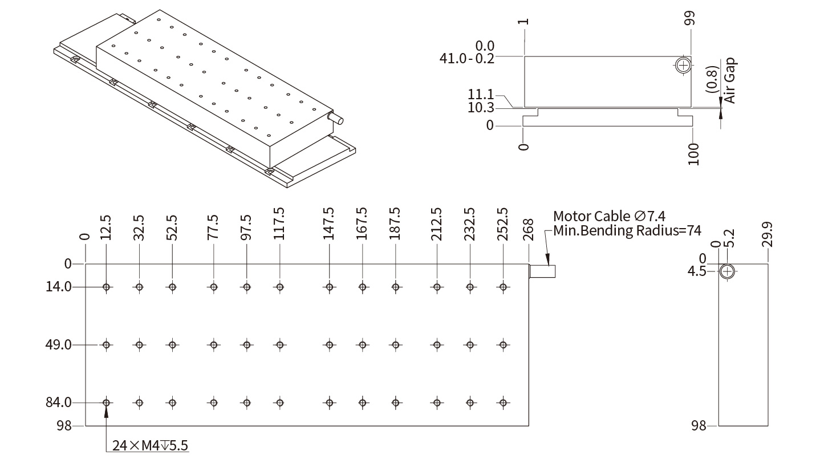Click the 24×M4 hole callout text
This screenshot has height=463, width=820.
pos(150,446)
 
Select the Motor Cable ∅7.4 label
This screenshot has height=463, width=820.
pos(609,217)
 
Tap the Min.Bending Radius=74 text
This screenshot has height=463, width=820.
pos(627,231)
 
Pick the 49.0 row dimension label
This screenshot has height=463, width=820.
pos(59,345)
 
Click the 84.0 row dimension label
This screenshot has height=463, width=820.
pos(59,403)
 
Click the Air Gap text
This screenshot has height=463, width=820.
pos(730,80)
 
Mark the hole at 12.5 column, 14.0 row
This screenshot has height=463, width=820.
pos(106,287)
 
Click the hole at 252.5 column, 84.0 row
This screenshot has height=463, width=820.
pos(503,403)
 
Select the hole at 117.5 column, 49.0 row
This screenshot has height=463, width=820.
pos(279,345)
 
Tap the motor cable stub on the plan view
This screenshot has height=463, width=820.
pos(542,271)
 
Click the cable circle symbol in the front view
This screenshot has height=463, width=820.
pos(683,65)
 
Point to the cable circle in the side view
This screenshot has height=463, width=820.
pos(726,271)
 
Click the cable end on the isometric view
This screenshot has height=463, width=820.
pos(336,119)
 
